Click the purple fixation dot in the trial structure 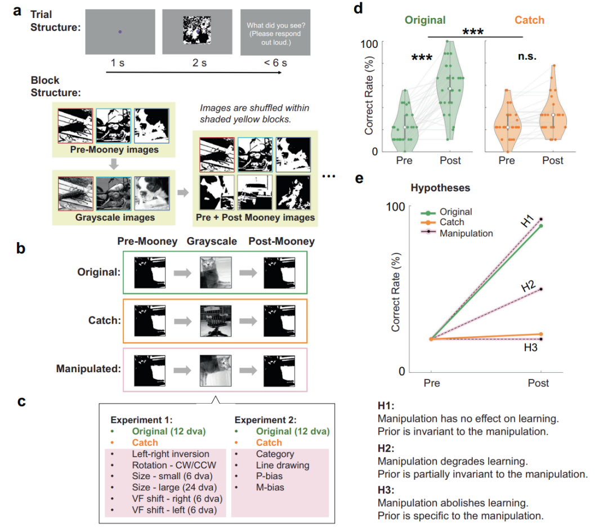coord(119,32)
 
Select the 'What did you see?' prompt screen coord(275,32)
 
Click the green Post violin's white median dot coord(450,89)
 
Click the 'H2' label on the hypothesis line coord(527,285)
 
